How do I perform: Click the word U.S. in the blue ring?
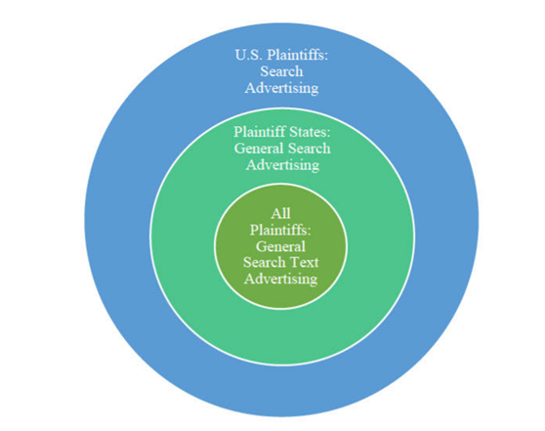[248, 55]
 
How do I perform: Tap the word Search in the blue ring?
[281, 71]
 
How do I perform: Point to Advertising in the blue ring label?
[281, 88]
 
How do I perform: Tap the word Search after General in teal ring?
[309, 149]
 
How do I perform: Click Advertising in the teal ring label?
[282, 165]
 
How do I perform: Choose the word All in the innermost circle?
[281, 214]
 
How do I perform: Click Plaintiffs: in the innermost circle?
[280, 231]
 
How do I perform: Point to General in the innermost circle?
[280, 246]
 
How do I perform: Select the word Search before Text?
[264, 262]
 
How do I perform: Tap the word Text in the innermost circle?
[304, 262]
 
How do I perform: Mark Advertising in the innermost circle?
[281, 279]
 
